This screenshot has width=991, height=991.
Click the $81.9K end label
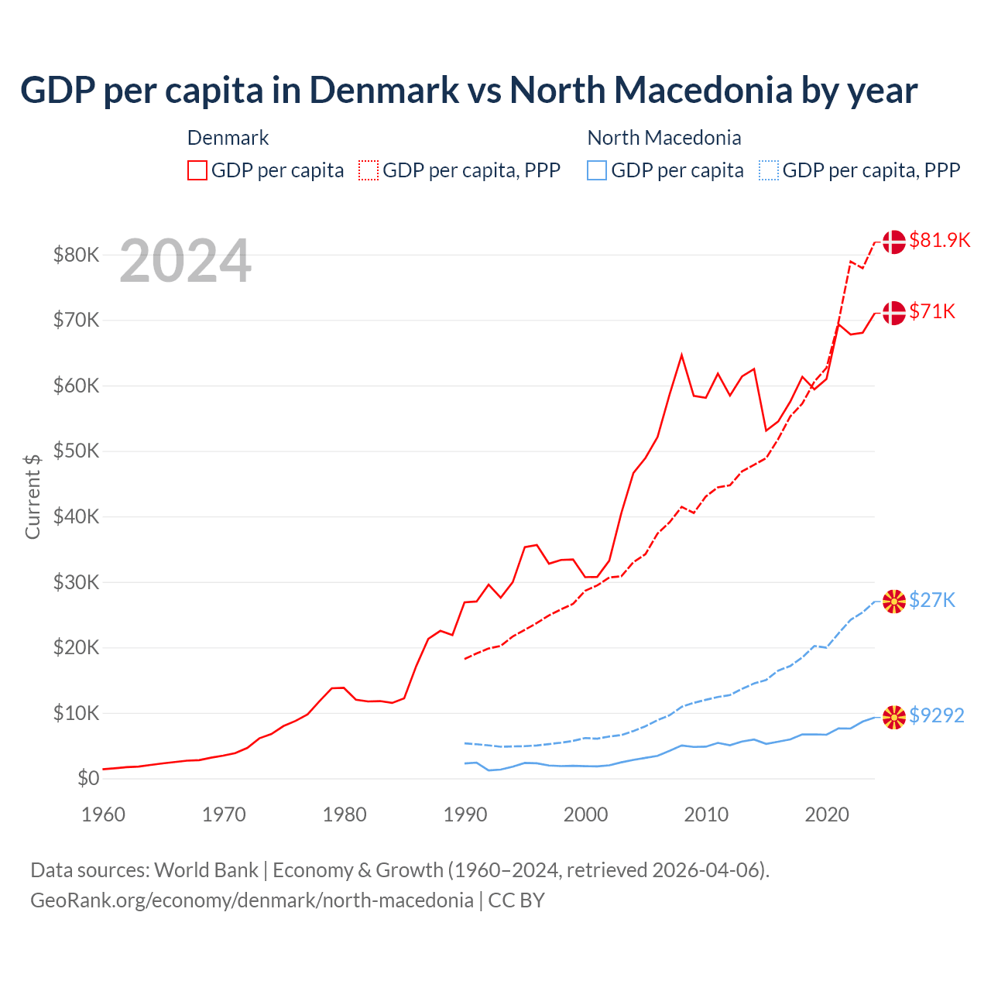(939, 240)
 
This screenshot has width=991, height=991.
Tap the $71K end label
(932, 311)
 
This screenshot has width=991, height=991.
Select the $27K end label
(932, 600)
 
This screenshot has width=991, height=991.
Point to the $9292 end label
(936, 715)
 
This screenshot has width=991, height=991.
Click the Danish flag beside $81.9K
(894, 242)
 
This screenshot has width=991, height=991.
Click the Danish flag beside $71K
(894, 313)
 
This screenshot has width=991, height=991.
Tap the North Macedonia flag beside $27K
(894, 601)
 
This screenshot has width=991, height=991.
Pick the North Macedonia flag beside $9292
(894, 717)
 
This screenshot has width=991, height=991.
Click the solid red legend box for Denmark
(197, 170)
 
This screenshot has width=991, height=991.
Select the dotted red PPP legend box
(369, 170)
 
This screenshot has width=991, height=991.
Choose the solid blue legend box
(597, 170)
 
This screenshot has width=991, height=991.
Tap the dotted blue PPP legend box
(769, 170)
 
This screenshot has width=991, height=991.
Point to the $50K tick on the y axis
(76, 451)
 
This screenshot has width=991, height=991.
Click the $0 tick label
(88, 778)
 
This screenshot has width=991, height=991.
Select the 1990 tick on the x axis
(465, 814)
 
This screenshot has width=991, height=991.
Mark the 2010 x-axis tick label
(706, 814)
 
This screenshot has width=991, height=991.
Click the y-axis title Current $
(33, 495)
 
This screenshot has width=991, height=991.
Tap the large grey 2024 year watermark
(185, 262)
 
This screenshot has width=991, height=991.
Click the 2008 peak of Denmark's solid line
(681, 355)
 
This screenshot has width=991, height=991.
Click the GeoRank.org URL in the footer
(252, 900)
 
